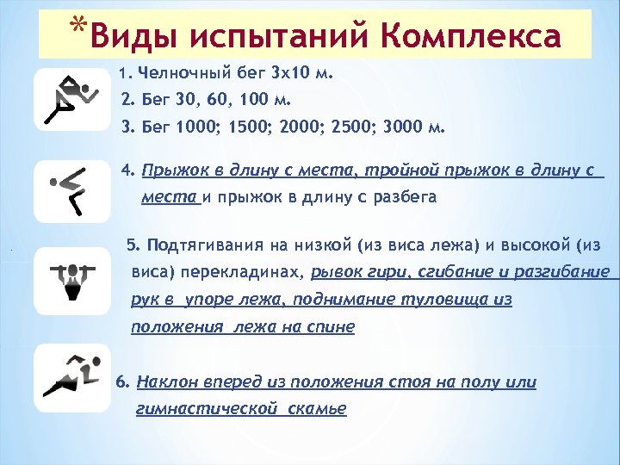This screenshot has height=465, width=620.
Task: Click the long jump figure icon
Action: [72, 190]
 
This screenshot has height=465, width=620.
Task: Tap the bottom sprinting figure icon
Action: [72, 376]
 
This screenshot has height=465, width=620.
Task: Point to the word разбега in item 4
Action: [404, 197]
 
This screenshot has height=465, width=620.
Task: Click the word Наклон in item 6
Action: [166, 381]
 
